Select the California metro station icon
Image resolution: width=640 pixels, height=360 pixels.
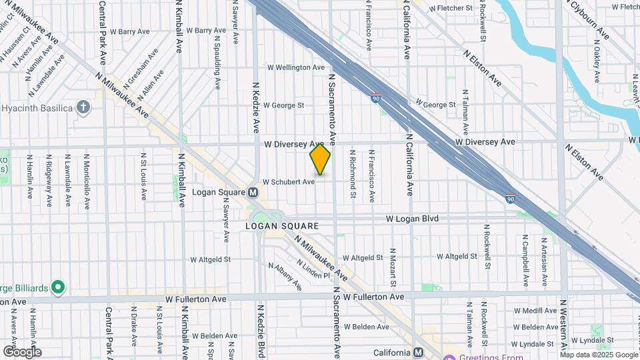point(418,352)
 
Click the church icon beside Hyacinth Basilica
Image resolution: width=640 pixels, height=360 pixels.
point(83,107)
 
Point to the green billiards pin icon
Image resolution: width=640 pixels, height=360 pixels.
point(58,288)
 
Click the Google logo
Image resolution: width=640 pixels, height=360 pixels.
point(22,352)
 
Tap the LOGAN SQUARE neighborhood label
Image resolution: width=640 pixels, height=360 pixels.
point(281,226)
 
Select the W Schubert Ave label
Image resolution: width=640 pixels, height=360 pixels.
point(289,181)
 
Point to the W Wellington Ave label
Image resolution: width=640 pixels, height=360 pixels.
point(295,67)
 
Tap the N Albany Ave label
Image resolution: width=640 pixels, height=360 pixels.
point(285,277)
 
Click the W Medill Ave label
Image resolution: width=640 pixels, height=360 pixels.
point(535,311)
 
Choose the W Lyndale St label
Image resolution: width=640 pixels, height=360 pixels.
point(535,343)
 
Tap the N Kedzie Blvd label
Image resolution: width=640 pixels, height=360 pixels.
point(261,331)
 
